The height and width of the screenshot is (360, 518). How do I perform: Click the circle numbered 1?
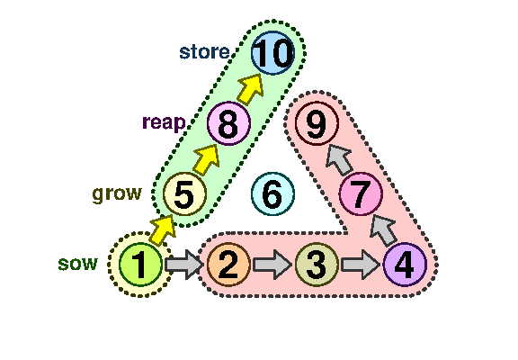pos(140,264)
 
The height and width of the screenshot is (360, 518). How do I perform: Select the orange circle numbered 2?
pos(228,264)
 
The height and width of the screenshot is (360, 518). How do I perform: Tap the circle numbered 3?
pos(317,264)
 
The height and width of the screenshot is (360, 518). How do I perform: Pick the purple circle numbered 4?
pos(405,264)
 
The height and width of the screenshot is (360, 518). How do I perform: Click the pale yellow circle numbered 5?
pos(184,193)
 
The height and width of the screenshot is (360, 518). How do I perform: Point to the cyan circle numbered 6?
pos(272,193)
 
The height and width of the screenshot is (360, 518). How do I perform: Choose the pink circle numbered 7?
pos(361,193)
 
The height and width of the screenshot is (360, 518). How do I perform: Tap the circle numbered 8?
pos(228,123)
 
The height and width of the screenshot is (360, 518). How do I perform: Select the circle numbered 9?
pos(317,123)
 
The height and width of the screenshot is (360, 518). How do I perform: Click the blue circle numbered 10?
pos(272,53)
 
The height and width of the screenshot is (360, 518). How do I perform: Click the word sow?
pos(78,264)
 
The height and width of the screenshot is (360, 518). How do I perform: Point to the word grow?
pos(117,194)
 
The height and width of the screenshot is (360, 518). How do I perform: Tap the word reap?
pos(164,123)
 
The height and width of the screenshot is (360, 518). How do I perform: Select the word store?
pos(204,52)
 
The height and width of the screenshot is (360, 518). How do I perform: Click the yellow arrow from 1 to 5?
pos(162,230)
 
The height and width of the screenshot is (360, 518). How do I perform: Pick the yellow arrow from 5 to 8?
pos(206,159)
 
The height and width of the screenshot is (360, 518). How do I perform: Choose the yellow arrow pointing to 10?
pos(250,89)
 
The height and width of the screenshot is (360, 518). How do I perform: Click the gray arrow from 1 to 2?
pos(184,265)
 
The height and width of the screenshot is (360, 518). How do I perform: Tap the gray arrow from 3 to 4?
pos(361,265)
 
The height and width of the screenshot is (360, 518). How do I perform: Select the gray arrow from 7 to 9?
pos(339,159)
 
